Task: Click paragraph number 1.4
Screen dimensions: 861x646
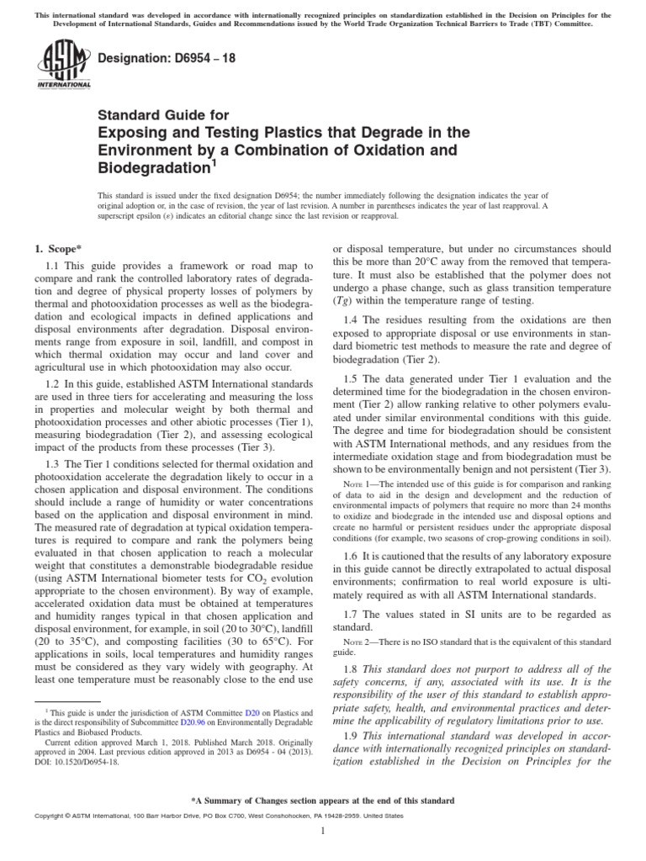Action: point(353,320)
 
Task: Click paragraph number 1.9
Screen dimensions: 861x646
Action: point(353,733)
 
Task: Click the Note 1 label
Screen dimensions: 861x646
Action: point(360,485)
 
